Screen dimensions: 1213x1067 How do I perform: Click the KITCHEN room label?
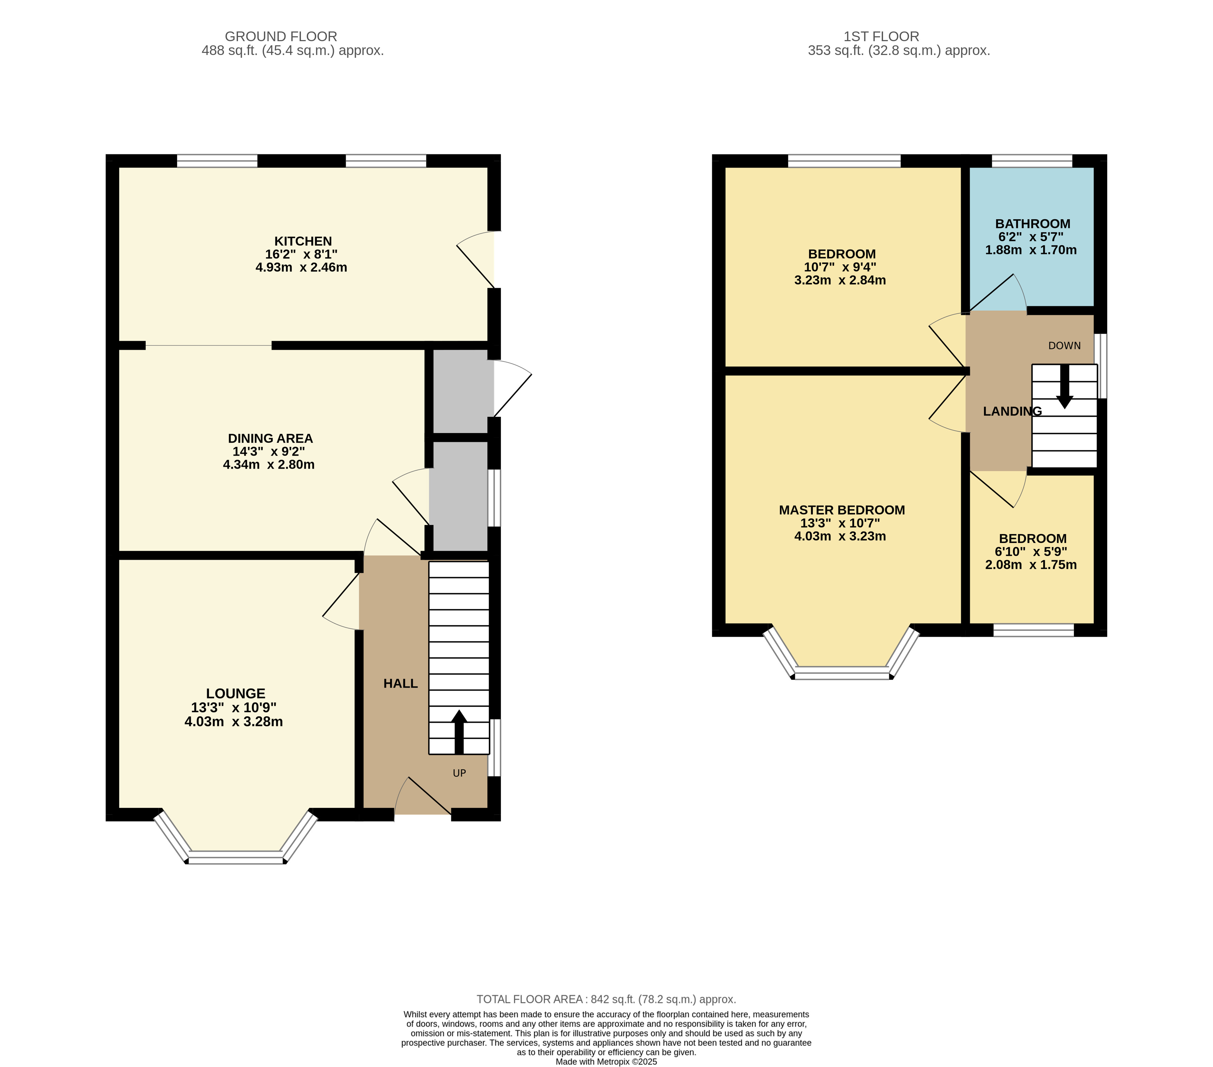[x=303, y=241]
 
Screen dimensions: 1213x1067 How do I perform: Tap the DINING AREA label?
[x=270, y=439]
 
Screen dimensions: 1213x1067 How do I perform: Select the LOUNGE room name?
[x=236, y=693]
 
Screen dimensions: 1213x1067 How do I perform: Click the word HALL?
[x=401, y=684]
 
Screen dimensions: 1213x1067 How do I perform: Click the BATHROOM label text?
[x=1032, y=224]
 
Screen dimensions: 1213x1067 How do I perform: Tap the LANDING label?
[x=1012, y=411]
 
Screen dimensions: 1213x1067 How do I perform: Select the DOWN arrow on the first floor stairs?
[x=1065, y=386]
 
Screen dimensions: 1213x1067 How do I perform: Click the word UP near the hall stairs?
[x=459, y=773]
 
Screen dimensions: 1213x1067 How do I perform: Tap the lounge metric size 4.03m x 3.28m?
[x=234, y=721]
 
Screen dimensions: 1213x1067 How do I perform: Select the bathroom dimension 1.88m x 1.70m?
[x=1031, y=250]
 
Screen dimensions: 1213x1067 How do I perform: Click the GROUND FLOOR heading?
[x=281, y=37]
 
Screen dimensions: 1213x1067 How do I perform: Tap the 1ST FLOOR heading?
[x=881, y=37]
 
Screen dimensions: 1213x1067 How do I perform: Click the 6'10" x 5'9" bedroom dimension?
[x=1032, y=552]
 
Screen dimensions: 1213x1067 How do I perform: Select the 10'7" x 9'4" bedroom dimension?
[x=840, y=267]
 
